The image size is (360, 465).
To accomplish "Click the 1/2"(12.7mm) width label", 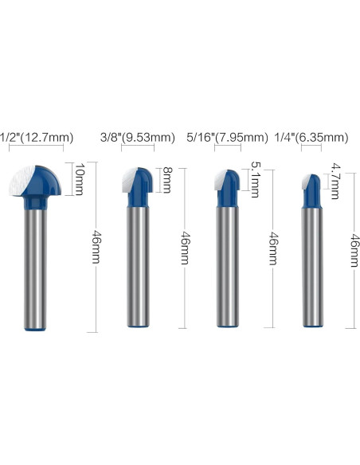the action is coord(37,138).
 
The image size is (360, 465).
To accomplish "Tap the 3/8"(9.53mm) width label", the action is coord(138,138).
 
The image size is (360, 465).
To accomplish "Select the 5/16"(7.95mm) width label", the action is coord(228,138).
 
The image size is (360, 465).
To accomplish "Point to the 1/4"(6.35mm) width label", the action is coord(311,138).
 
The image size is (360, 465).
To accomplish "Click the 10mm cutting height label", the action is coord(79,179).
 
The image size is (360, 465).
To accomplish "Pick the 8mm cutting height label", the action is coord(167,180).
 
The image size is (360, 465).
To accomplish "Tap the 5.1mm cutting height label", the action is coord(255,179).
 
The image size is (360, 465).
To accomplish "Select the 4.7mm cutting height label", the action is coord(335,181).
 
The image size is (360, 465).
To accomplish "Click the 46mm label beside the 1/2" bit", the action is coord(96,247).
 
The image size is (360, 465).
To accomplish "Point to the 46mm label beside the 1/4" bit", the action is coord(354,250).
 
